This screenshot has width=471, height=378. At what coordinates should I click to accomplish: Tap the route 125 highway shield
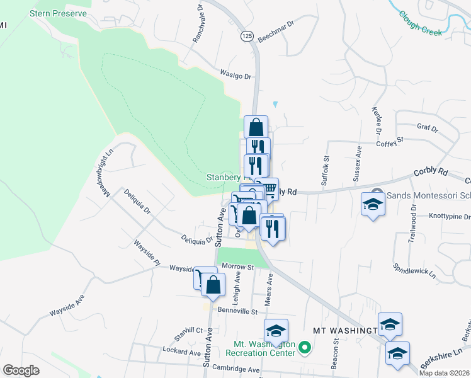[x=247, y=37]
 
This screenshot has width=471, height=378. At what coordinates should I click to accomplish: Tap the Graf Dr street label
[x=427, y=129]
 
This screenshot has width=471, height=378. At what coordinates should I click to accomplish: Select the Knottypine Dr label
[x=450, y=217]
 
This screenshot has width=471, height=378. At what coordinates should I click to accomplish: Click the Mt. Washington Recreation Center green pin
[x=304, y=347]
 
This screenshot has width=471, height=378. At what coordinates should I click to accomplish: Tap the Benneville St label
[x=237, y=311]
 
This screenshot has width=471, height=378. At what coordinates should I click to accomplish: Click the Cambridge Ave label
[x=236, y=369]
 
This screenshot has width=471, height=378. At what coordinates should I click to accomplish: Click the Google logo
[x=21, y=370]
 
